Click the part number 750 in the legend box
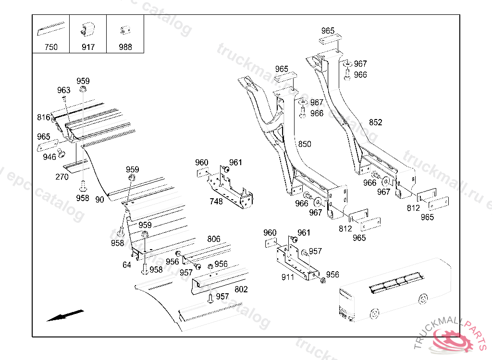point(51,47)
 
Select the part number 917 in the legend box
point(88,47)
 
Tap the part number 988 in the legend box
point(125,47)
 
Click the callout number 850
point(305,144)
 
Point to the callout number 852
point(376,122)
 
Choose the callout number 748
point(216,202)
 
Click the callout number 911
point(288,277)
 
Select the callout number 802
point(241,289)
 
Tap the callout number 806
point(214,239)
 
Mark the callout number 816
point(44,118)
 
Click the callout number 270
point(62,177)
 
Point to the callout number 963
point(64,90)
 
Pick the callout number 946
point(49,156)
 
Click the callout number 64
point(127,265)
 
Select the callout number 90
point(99,200)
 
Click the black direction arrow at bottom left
point(65,315)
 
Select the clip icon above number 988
point(125,30)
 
